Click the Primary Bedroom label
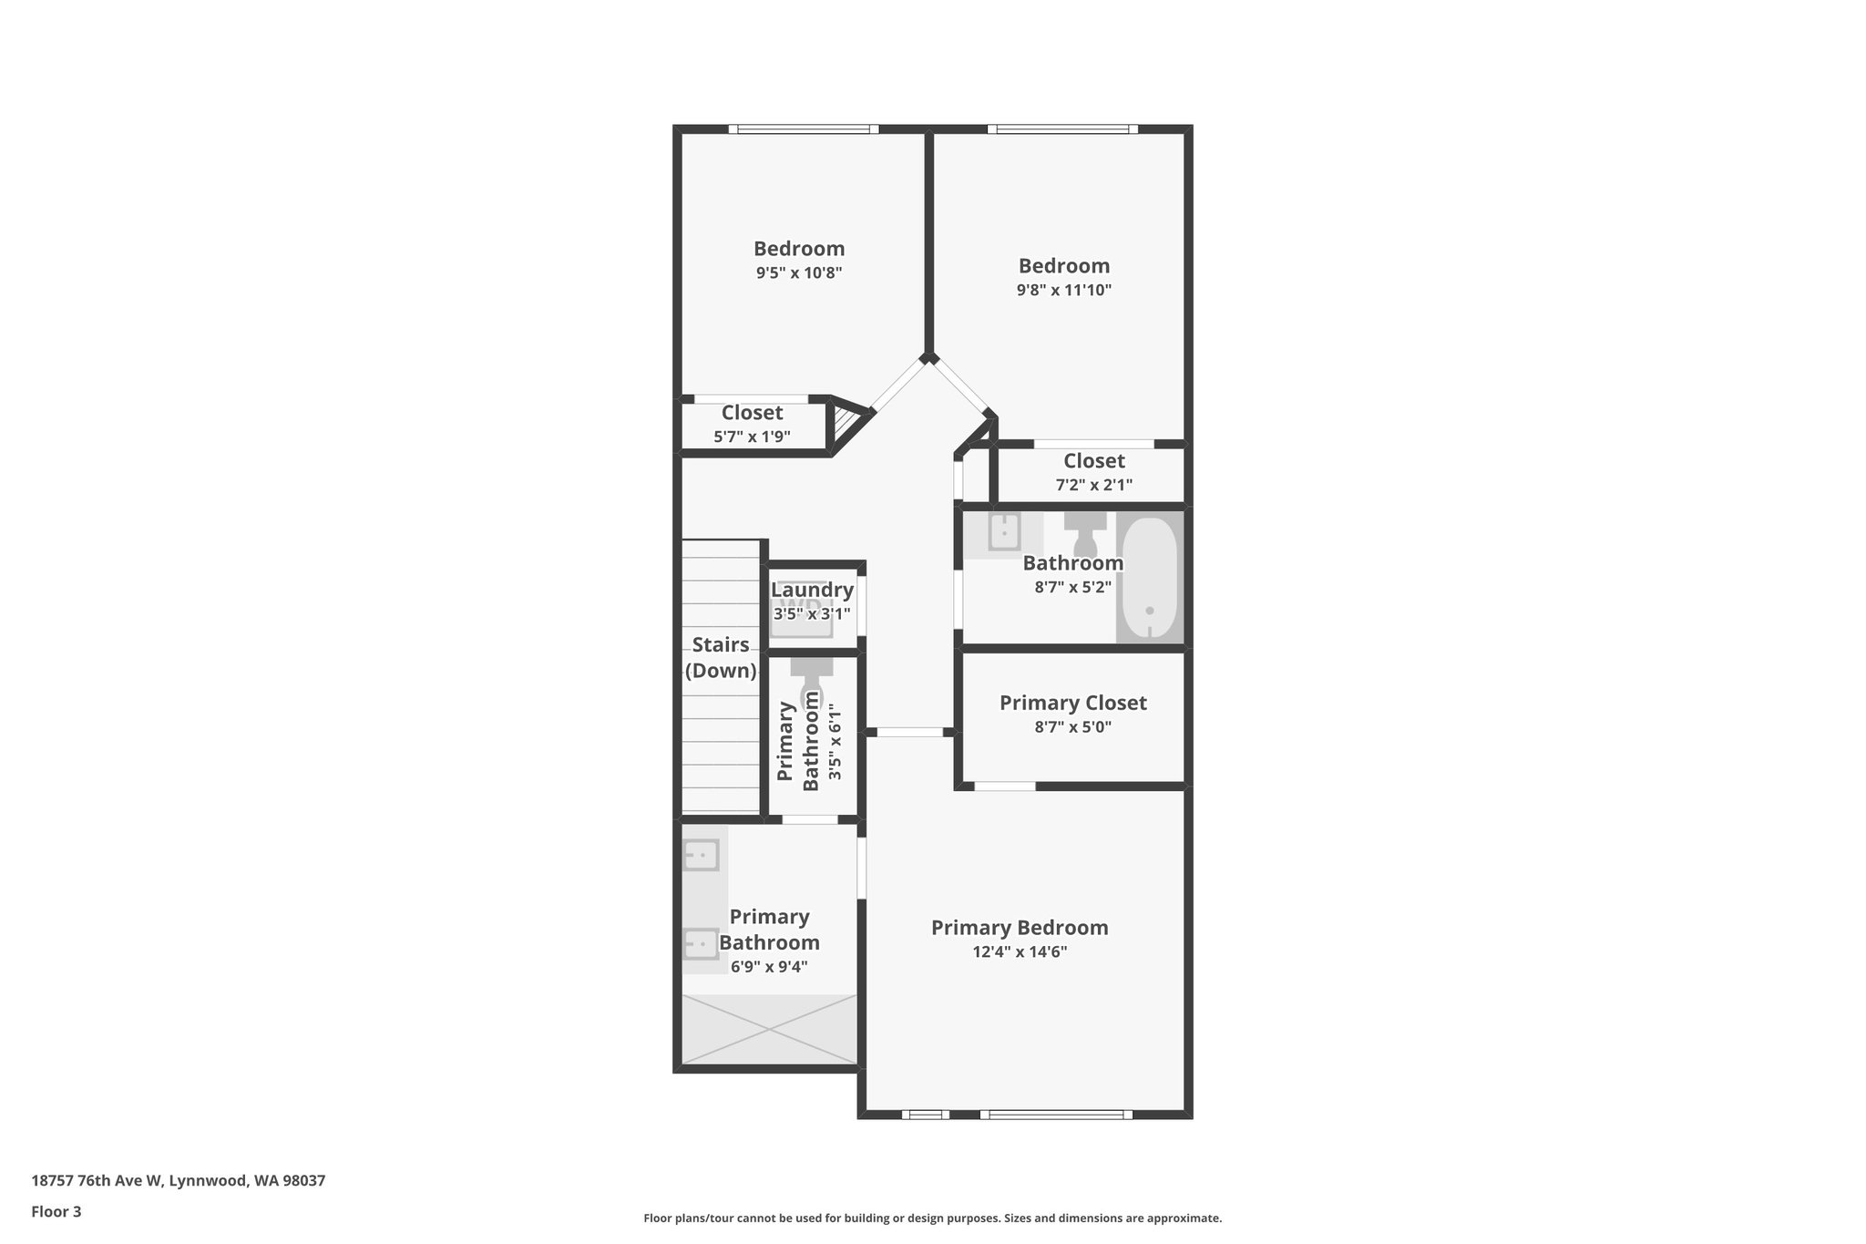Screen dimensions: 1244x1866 pyautogui.click(x=1020, y=928)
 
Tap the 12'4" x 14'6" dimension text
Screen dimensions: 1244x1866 pyautogui.click(x=1020, y=952)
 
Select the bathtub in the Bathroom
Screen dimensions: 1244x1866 pyautogui.click(x=1150, y=578)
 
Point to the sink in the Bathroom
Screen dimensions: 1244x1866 pyautogui.click(x=1003, y=531)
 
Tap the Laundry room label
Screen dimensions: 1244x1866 pyautogui.click(x=812, y=591)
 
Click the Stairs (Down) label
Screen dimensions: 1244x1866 pyautogui.click(x=721, y=658)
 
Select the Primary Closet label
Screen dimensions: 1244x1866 pyautogui.click(x=1072, y=703)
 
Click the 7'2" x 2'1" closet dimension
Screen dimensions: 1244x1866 pyautogui.click(x=1093, y=486)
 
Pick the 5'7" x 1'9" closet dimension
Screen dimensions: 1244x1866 pyautogui.click(x=752, y=437)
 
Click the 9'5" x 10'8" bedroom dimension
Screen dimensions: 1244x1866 pyautogui.click(x=799, y=272)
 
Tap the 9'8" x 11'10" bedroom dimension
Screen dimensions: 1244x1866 pyautogui.click(x=1064, y=291)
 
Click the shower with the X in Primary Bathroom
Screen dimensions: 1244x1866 pyautogui.click(x=770, y=1029)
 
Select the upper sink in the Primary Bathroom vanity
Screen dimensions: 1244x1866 pyautogui.click(x=702, y=855)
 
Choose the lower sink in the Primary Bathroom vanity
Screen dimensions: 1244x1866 pyautogui.click(x=702, y=943)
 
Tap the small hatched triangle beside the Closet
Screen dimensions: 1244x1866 pyautogui.click(x=845, y=422)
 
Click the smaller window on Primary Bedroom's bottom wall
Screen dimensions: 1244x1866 pyautogui.click(x=926, y=1114)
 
